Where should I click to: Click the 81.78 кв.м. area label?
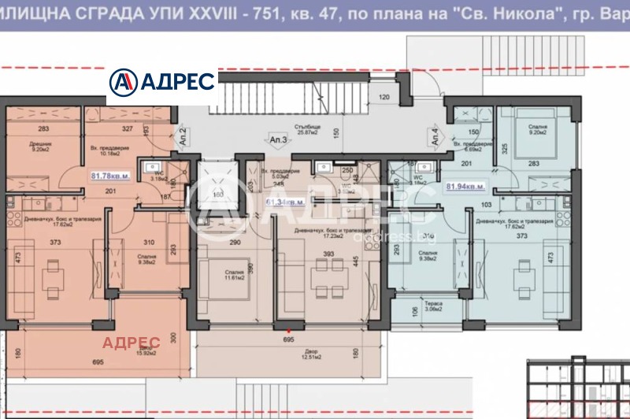111,176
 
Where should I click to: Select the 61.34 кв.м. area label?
286,202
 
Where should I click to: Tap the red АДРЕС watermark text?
132,342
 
